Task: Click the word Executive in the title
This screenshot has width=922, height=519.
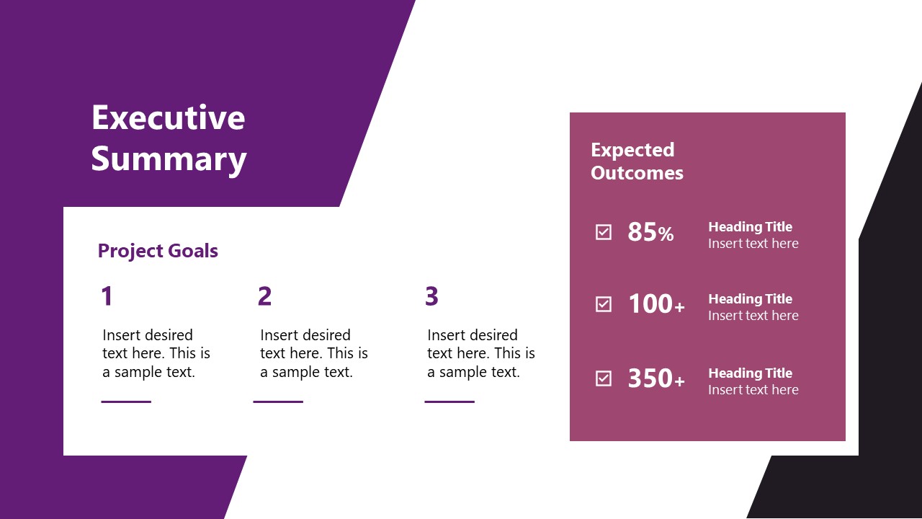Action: click(x=168, y=117)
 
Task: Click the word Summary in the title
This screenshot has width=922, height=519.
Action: click(x=169, y=159)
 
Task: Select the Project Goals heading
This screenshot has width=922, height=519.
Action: click(x=158, y=251)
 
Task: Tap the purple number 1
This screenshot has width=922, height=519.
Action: click(x=107, y=296)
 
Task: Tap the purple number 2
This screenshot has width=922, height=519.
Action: click(x=264, y=296)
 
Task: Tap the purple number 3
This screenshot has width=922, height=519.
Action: click(x=431, y=296)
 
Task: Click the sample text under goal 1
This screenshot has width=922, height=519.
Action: click(x=156, y=353)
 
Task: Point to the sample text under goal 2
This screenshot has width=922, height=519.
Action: click(x=314, y=353)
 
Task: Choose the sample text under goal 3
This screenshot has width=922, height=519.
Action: click(x=481, y=353)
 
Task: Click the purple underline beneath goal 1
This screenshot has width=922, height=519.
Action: click(x=126, y=402)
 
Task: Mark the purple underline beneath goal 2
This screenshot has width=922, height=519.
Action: click(x=278, y=402)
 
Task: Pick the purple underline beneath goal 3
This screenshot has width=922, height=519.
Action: click(x=449, y=402)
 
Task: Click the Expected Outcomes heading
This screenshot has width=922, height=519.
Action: click(x=637, y=161)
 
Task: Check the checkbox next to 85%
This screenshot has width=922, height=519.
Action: click(x=604, y=232)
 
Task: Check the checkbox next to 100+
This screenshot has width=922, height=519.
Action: click(x=604, y=304)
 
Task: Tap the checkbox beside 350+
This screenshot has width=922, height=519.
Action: click(x=604, y=378)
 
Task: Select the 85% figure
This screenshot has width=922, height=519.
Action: click(x=650, y=232)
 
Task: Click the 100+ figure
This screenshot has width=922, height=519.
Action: click(x=656, y=304)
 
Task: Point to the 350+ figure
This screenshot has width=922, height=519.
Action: click(x=656, y=378)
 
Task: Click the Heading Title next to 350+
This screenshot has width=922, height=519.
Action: click(x=750, y=373)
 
